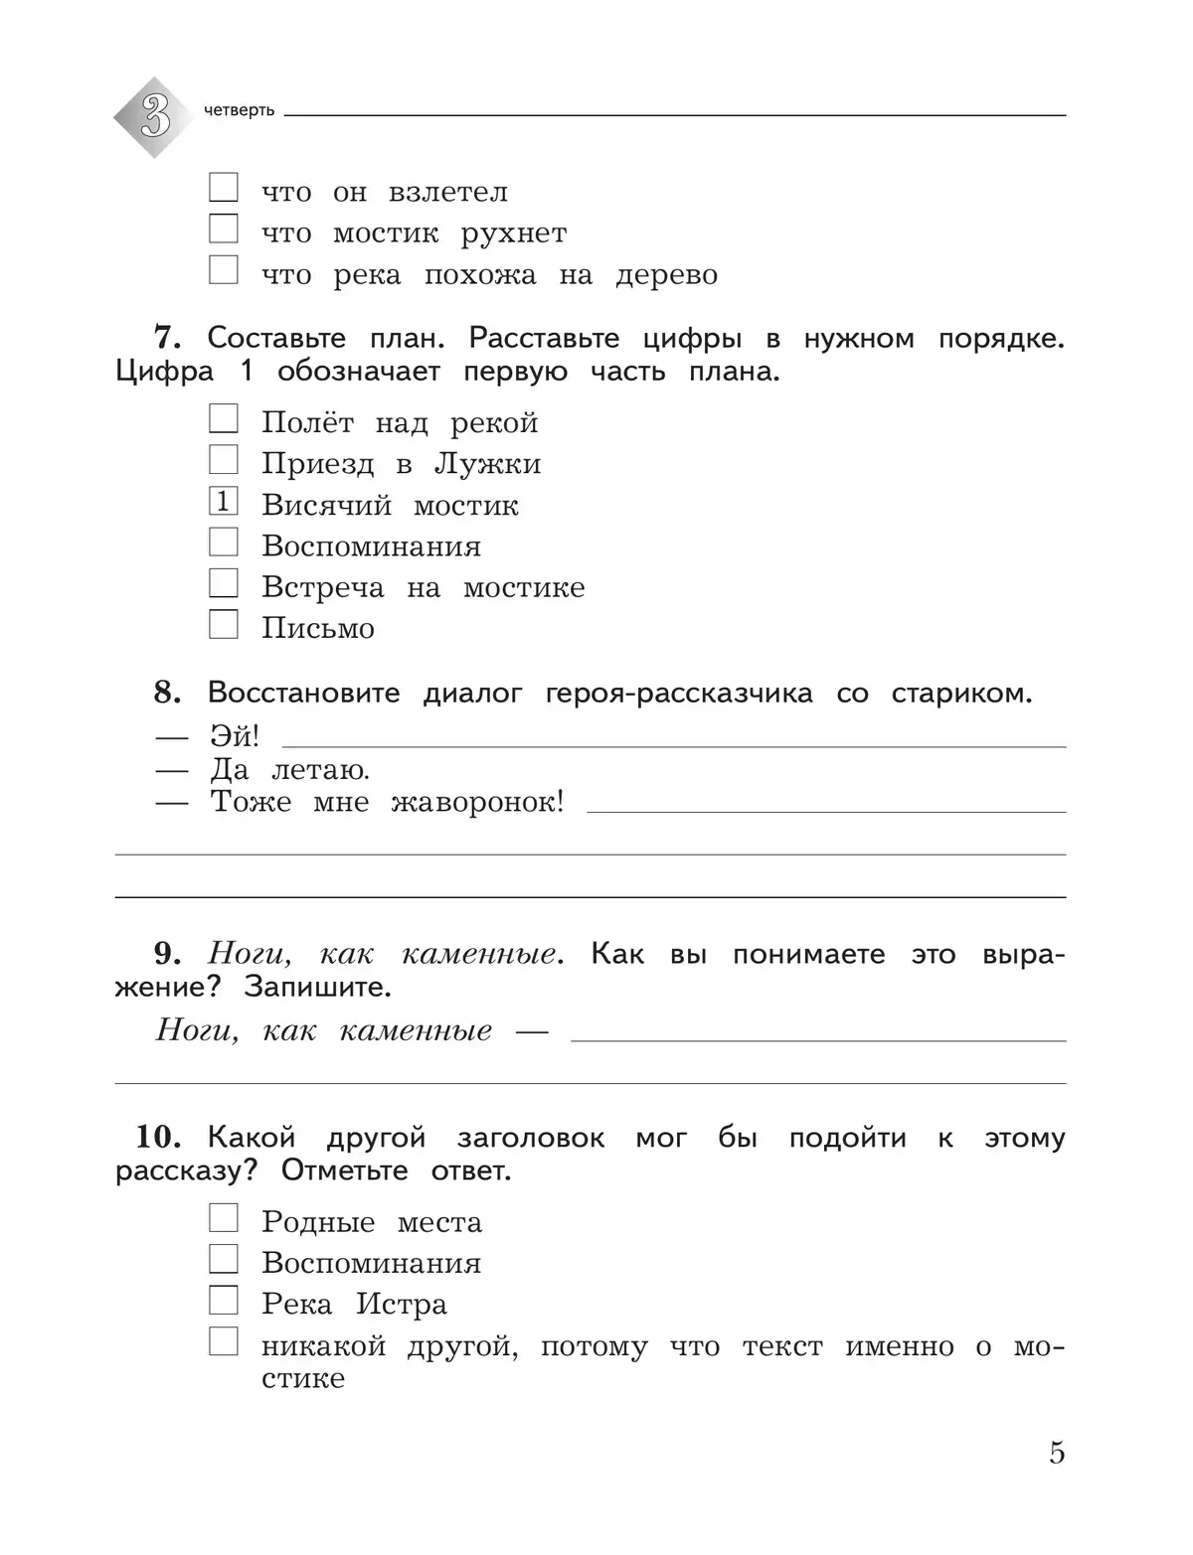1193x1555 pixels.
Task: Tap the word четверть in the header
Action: pyautogui.click(x=239, y=110)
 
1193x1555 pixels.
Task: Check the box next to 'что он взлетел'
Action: pyautogui.click(x=224, y=188)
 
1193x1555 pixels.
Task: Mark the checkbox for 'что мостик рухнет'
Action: pyautogui.click(x=224, y=230)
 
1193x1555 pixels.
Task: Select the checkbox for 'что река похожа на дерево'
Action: pyautogui.click(x=224, y=270)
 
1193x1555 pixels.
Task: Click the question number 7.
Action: pyautogui.click(x=167, y=338)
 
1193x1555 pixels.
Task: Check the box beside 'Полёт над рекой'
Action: pyautogui.click(x=224, y=419)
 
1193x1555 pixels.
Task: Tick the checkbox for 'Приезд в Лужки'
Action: pyautogui.click(x=224, y=460)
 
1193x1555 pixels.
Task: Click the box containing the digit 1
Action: pyautogui.click(x=224, y=502)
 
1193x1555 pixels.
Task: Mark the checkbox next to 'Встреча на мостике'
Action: pyautogui.click(x=224, y=583)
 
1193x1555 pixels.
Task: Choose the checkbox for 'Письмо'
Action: pyautogui.click(x=224, y=624)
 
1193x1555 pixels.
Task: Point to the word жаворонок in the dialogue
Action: pyautogui.click(x=477, y=803)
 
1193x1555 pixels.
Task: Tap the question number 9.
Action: pyautogui.click(x=167, y=954)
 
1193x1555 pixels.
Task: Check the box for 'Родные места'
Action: pyautogui.click(x=224, y=1218)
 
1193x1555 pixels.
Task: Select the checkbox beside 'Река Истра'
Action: pyautogui.click(x=224, y=1300)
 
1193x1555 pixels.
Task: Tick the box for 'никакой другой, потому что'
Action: pyautogui.click(x=224, y=1342)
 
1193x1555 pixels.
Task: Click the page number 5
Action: pyautogui.click(x=1057, y=1453)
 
